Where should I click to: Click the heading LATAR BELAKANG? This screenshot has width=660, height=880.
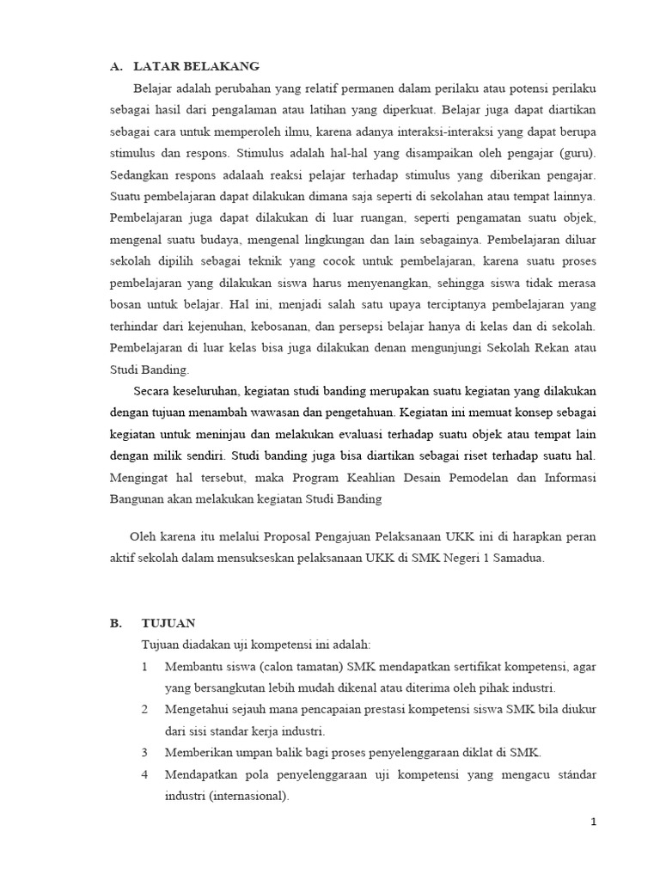197,66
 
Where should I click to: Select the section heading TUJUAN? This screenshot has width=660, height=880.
169,623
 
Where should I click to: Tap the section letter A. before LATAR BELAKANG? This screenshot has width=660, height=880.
118,66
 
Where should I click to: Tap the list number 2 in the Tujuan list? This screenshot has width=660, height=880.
145,710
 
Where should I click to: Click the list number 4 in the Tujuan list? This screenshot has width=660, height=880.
145,775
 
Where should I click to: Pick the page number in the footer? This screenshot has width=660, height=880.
592,822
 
